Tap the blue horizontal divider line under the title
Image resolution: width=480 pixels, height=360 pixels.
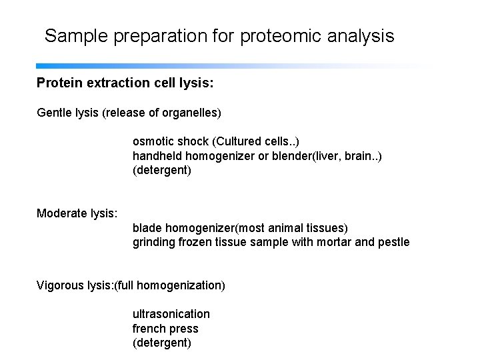(200, 67)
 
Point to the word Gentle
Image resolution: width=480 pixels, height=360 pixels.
(53, 113)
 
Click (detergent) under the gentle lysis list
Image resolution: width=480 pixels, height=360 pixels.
(161, 171)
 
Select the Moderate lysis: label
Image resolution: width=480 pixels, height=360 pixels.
(77, 213)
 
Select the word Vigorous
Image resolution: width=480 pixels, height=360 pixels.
(59, 285)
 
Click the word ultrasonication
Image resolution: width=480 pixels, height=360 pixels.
(171, 314)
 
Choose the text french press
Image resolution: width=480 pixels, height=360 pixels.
(165, 329)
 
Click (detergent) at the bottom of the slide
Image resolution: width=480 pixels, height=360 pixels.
(161, 343)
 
